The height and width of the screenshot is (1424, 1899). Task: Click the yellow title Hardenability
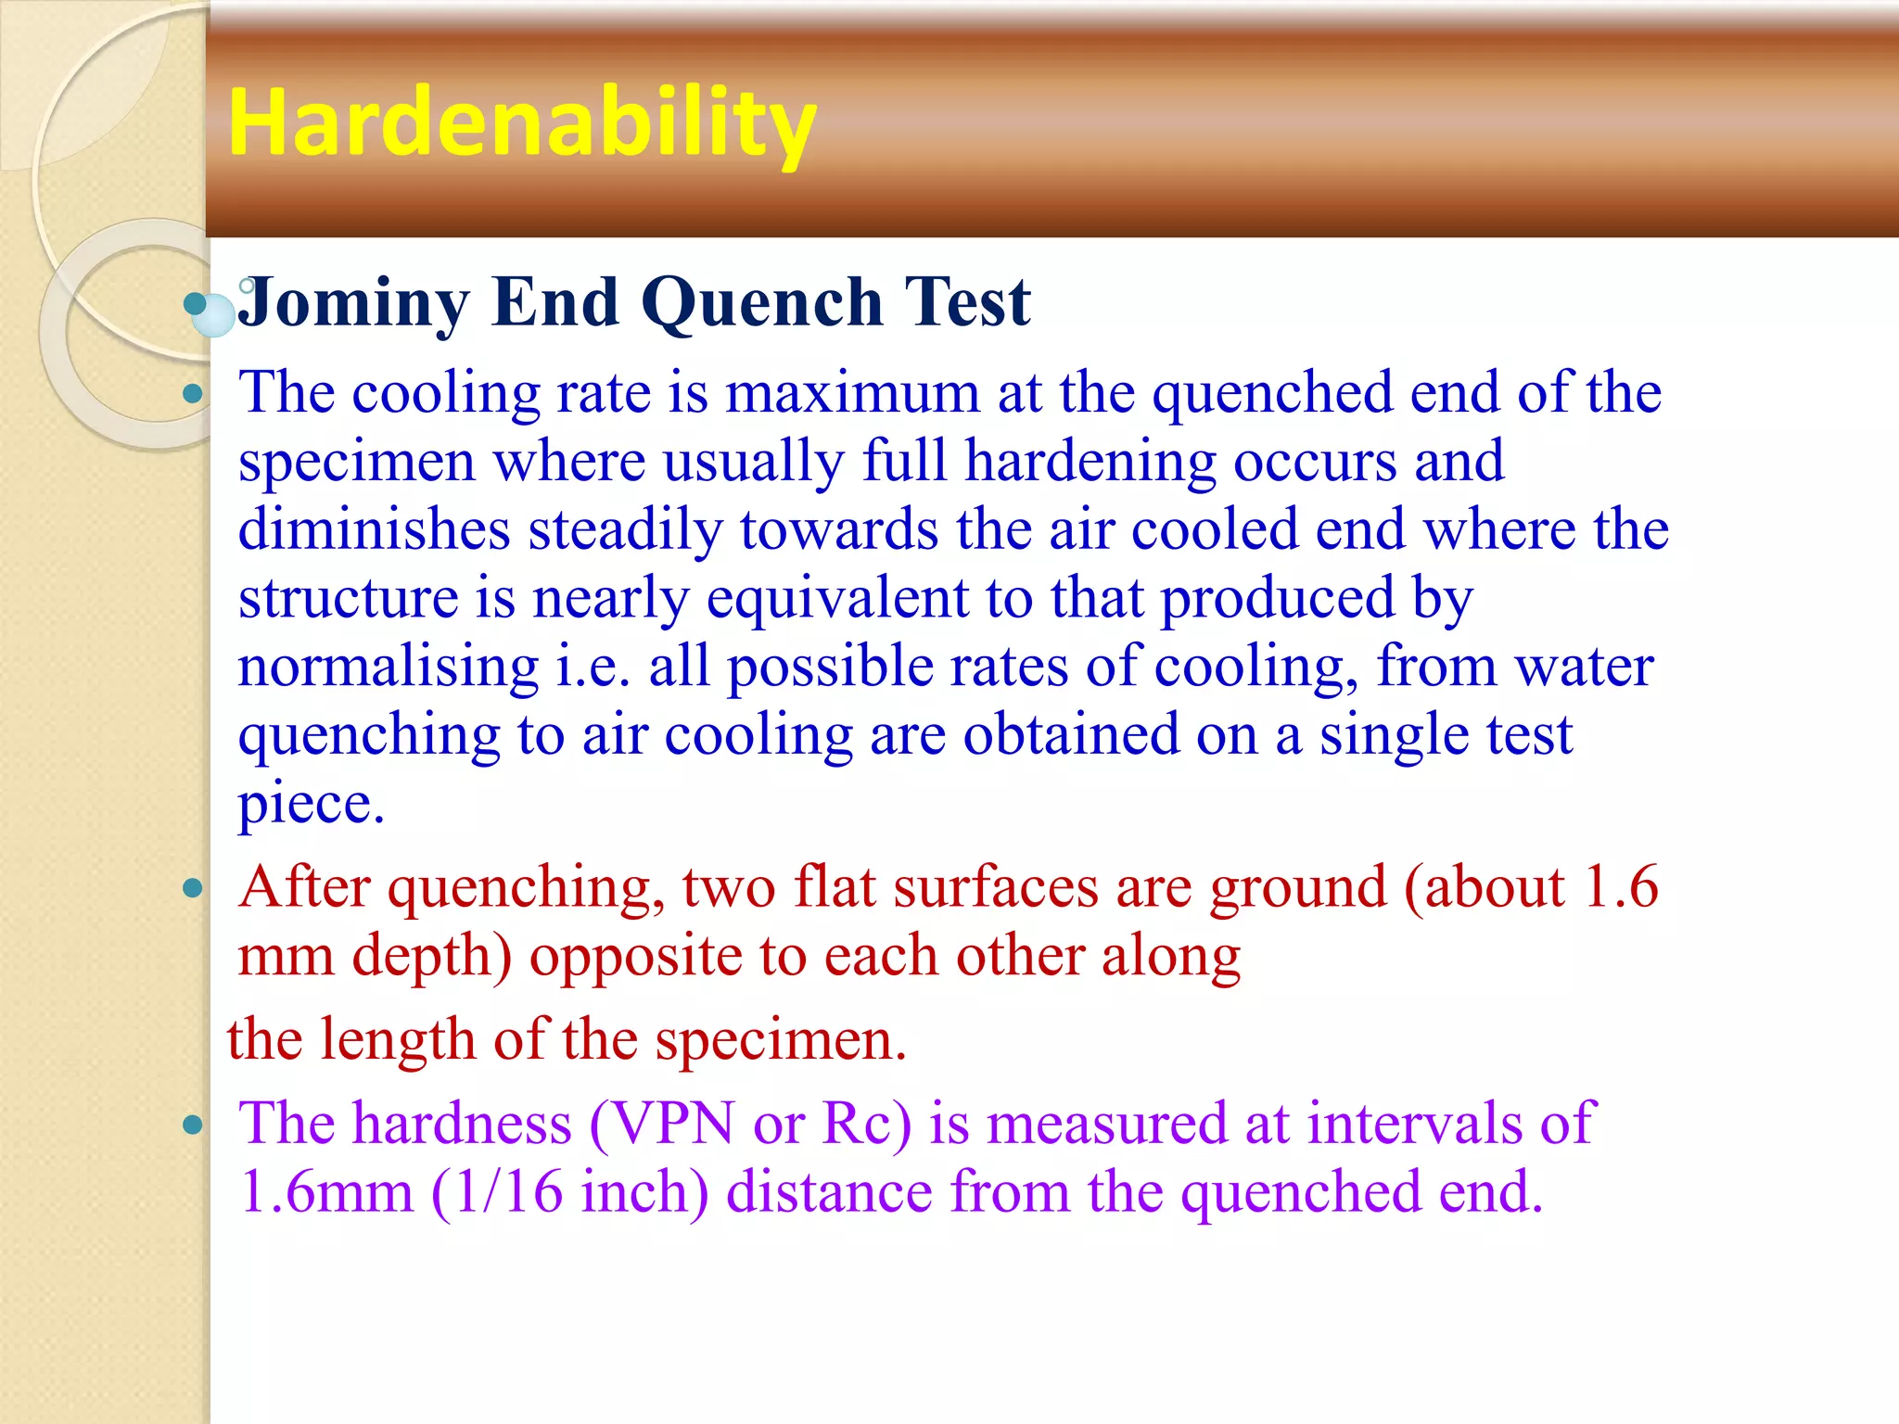click(x=522, y=122)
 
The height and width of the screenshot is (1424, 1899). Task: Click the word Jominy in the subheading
click(x=353, y=302)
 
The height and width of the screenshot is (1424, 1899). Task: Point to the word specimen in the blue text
click(x=356, y=463)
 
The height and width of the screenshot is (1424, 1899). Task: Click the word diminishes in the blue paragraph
click(x=374, y=530)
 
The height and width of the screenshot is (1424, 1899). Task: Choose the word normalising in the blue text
click(x=388, y=667)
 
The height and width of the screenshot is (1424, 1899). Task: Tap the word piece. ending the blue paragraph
click(x=311, y=804)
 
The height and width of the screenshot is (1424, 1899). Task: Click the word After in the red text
click(x=304, y=887)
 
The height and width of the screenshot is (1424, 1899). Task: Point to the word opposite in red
click(x=635, y=957)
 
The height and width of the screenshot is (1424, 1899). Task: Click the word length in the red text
click(x=398, y=1040)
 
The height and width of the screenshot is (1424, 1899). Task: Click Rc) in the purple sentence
click(x=867, y=1125)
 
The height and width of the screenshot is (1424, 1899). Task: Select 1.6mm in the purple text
click(x=325, y=1192)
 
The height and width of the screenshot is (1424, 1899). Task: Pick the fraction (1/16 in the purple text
click(x=497, y=1192)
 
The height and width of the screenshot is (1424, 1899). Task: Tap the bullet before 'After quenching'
click(x=193, y=889)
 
